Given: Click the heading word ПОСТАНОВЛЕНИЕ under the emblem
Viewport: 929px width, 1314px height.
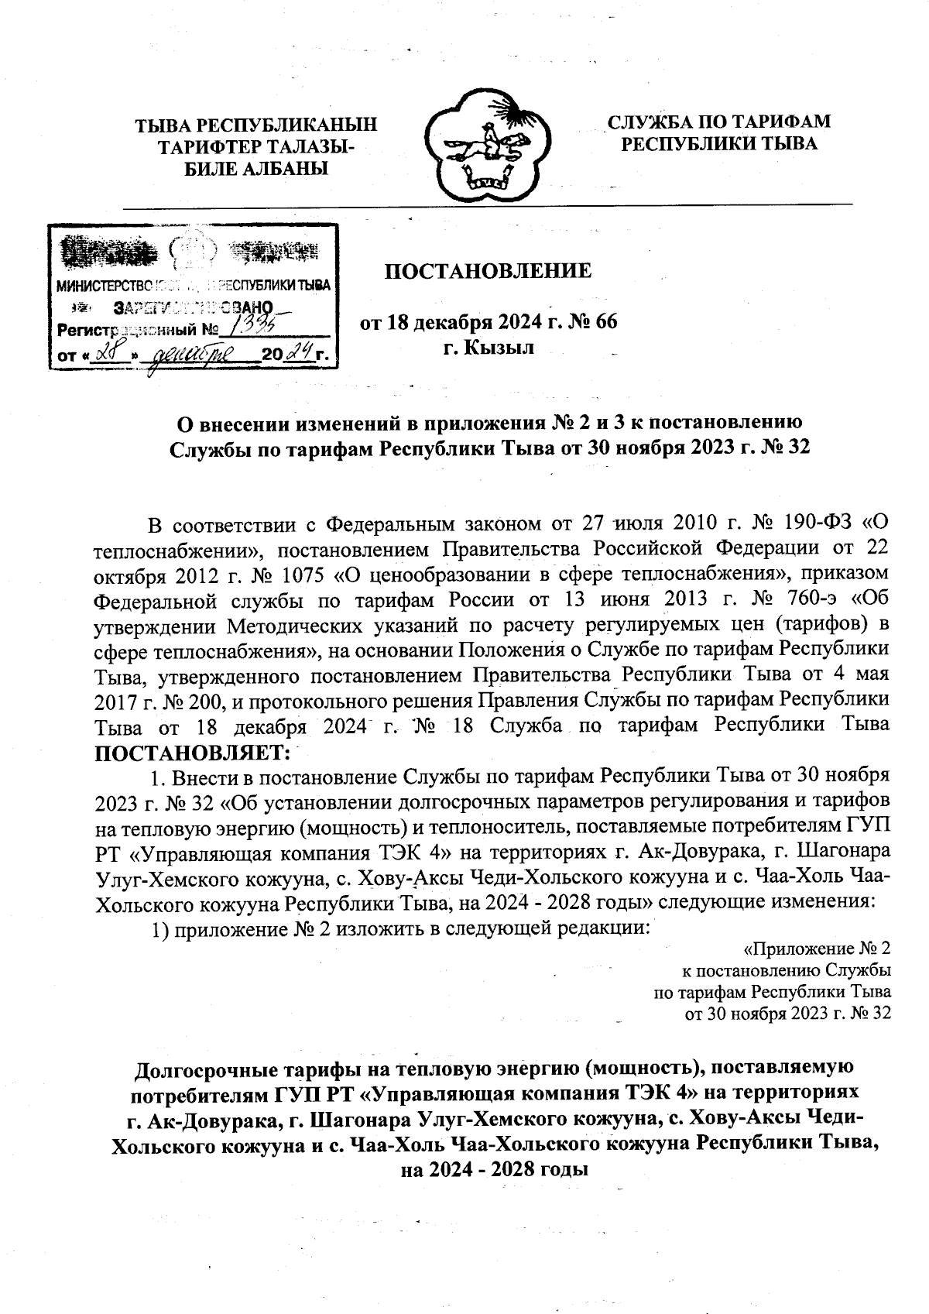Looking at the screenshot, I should (488, 271).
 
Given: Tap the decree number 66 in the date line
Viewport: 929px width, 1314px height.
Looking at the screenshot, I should (607, 322).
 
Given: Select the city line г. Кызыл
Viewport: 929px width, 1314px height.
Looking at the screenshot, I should (488, 348).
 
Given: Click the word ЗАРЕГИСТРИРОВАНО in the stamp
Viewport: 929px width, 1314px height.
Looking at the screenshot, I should (193, 307).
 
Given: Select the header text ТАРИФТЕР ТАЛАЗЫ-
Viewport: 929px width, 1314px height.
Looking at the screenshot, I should (256, 146).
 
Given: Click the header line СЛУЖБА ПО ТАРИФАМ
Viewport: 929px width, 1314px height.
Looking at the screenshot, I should (719, 122).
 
